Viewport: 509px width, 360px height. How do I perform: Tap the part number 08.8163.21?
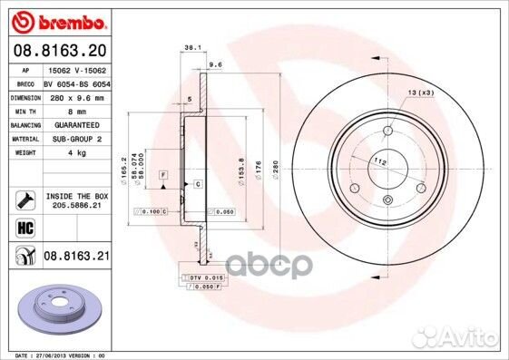pyautogui.click(x=76, y=257)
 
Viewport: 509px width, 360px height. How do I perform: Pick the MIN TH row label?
pyautogui.click(x=24, y=110)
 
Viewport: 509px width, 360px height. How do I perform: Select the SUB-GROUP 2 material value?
pyautogui.click(x=76, y=139)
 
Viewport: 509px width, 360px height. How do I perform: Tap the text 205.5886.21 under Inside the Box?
pyautogui.click(x=76, y=206)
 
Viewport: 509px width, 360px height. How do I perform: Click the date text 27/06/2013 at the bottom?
pyautogui.click(x=52, y=355)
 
